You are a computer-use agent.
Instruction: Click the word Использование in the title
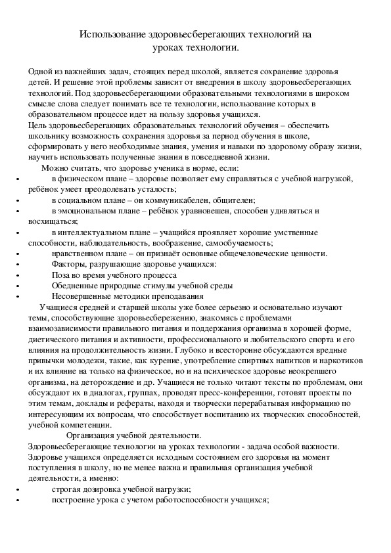pos(110,33)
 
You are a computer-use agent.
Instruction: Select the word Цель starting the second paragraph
pos(37,125)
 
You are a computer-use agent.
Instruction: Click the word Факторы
pos(70,265)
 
